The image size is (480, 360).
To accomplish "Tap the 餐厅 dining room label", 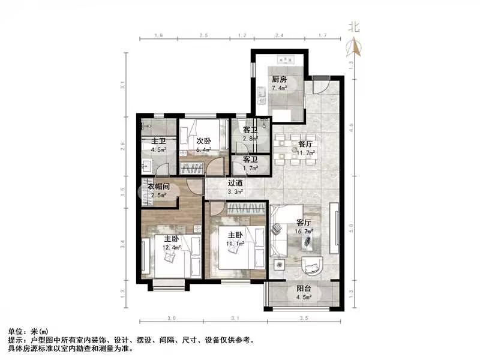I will click(306, 144).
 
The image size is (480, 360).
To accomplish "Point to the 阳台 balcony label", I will click(304, 288).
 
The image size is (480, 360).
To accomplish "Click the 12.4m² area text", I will click(172, 247).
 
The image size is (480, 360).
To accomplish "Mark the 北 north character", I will click(353, 27).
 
